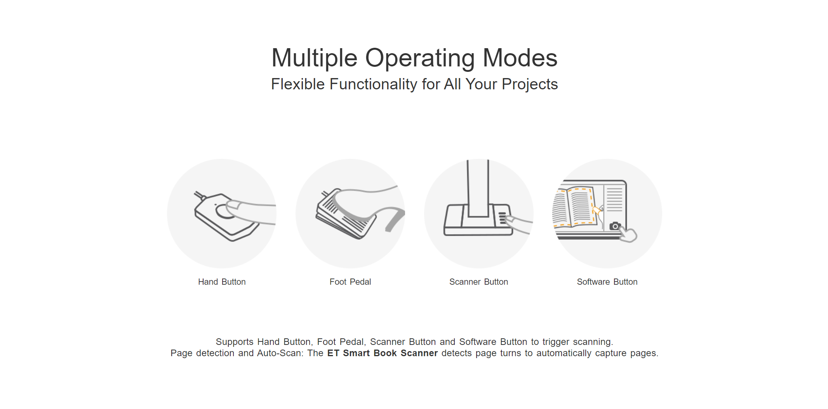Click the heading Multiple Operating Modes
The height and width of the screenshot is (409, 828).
click(x=414, y=58)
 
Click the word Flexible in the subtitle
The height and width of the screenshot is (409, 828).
click(x=298, y=84)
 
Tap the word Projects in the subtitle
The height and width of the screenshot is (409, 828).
click(x=530, y=84)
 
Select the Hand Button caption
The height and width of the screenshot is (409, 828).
click(x=222, y=282)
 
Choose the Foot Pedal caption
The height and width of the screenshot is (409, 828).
click(x=350, y=282)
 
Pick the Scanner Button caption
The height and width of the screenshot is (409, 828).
click(x=478, y=282)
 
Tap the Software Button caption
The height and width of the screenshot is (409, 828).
click(x=607, y=282)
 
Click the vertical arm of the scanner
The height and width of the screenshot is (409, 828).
click(x=478, y=188)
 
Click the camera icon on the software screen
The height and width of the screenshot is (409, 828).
click(x=615, y=226)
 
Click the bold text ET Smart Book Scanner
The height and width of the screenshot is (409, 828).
click(x=383, y=353)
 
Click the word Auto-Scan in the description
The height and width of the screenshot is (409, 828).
click(x=280, y=353)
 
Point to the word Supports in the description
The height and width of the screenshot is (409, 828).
click(x=235, y=342)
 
